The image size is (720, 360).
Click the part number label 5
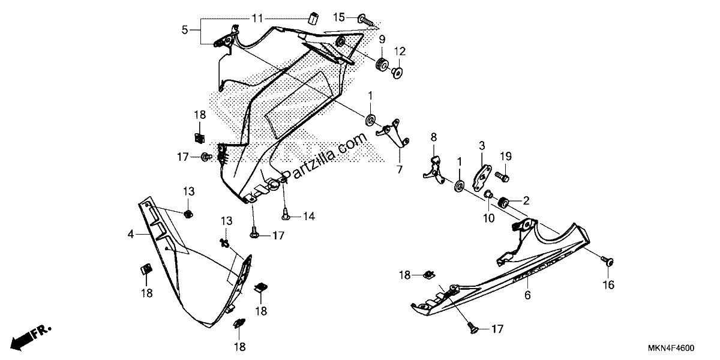[185, 30]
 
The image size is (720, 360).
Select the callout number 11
[257, 19]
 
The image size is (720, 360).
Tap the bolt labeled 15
[366, 20]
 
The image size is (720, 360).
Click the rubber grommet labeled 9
[382, 65]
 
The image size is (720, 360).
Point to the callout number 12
[400, 51]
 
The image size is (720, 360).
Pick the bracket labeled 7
[393, 133]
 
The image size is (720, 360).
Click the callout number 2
[526, 201]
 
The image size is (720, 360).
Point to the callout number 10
[488, 218]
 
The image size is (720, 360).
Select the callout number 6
[527, 295]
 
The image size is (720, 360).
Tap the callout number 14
[309, 217]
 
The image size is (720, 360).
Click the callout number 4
[131, 235]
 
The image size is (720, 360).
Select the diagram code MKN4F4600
[671, 348]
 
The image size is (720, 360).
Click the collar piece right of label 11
[313, 18]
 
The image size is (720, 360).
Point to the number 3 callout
[482, 146]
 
